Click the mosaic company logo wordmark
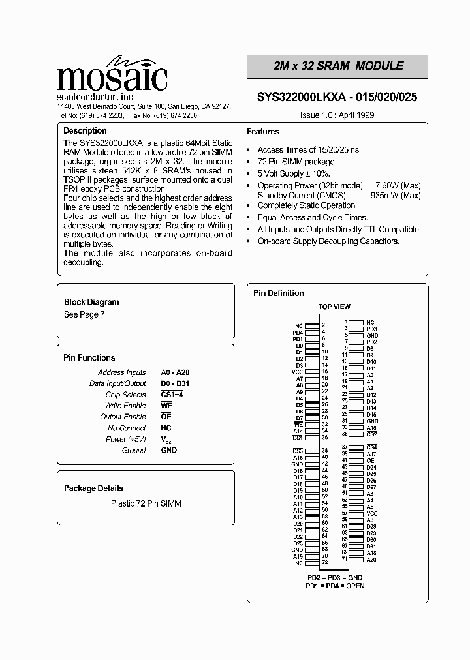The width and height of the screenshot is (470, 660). point(112,78)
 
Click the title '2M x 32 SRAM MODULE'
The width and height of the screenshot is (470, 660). point(337,67)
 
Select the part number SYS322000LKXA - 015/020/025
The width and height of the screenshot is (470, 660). point(337,97)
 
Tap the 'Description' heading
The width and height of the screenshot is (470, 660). point(85,131)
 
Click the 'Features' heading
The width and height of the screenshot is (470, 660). point(263,132)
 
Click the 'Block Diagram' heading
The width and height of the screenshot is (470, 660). point(91,302)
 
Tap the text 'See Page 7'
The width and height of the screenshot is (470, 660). point(84,314)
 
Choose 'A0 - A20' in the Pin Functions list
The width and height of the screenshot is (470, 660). point(175,372)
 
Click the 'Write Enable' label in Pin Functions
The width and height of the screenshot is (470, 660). point(126,406)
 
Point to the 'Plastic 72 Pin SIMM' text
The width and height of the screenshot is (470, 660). point(146,503)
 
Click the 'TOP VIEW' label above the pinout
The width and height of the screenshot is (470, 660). point(334,307)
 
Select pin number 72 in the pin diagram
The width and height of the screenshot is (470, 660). point(324,562)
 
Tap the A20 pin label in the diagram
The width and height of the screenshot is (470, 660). point(371,559)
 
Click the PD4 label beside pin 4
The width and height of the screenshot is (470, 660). point(298,332)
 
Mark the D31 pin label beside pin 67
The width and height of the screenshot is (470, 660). point(371,546)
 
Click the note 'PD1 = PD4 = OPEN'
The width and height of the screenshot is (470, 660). point(335,586)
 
